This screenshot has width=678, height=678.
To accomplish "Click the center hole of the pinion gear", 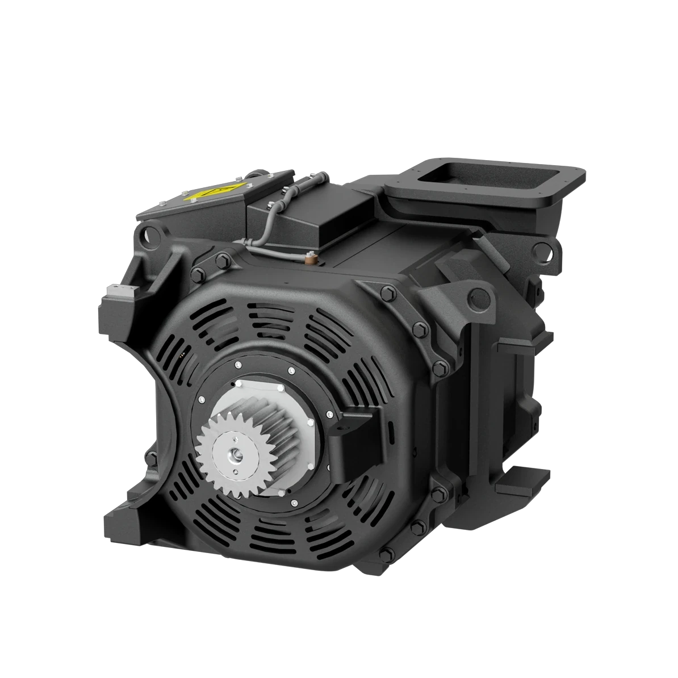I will click(233, 455).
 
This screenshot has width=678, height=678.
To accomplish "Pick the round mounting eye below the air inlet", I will click(543, 249).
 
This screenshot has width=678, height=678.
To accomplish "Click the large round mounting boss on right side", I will click(480, 295).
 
